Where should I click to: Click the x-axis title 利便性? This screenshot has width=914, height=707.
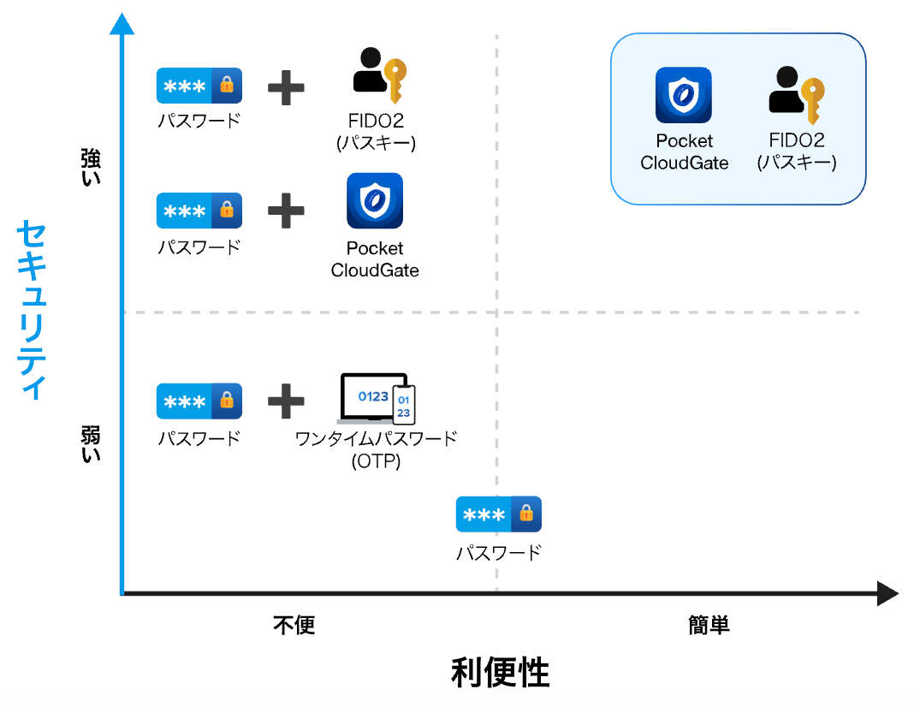coord(500,673)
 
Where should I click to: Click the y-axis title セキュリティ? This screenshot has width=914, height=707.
coord(32,310)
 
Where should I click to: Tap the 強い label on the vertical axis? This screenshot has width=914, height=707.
coord(90,167)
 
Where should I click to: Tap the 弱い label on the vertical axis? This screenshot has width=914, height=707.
coord(90,443)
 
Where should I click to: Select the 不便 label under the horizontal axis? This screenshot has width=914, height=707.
coord(294,625)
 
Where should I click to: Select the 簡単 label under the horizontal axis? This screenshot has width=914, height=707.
coord(709,625)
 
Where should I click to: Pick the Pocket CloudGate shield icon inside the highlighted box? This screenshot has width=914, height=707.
coord(684,95)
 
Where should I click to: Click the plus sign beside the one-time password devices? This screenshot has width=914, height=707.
coord(286,401)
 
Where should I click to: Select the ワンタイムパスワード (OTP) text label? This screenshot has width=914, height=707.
coord(376,449)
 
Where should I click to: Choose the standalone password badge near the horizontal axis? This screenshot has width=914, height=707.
coord(498,514)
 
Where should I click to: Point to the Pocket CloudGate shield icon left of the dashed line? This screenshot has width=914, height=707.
coord(375,201)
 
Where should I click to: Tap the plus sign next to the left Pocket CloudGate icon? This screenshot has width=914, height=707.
coord(286,211)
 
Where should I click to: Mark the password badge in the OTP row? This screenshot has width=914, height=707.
coord(199,401)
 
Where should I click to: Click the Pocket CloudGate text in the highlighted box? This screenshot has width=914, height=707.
coord(684,151)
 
